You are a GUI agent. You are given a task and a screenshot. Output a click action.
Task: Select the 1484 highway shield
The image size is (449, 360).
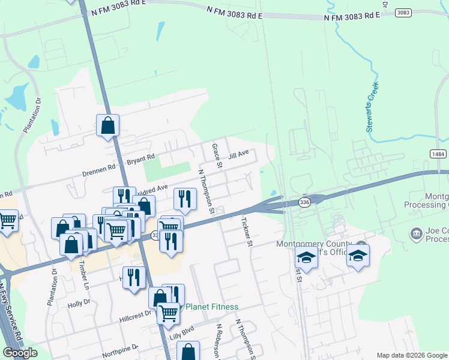(438, 154)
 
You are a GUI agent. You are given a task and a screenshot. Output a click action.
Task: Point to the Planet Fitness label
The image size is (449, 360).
(211, 307)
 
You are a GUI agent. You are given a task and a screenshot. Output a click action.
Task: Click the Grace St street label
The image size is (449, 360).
(216, 155)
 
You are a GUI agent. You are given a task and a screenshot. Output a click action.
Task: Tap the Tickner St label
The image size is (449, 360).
(246, 231)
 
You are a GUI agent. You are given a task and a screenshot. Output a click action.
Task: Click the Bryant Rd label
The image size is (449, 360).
(141, 161)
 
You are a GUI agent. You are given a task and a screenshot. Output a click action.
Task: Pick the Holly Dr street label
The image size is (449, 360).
(79, 304)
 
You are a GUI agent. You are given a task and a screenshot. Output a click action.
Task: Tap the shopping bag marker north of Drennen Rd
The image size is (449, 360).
(108, 126)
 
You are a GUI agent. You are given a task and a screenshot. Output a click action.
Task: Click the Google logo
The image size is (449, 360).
(20, 353)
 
